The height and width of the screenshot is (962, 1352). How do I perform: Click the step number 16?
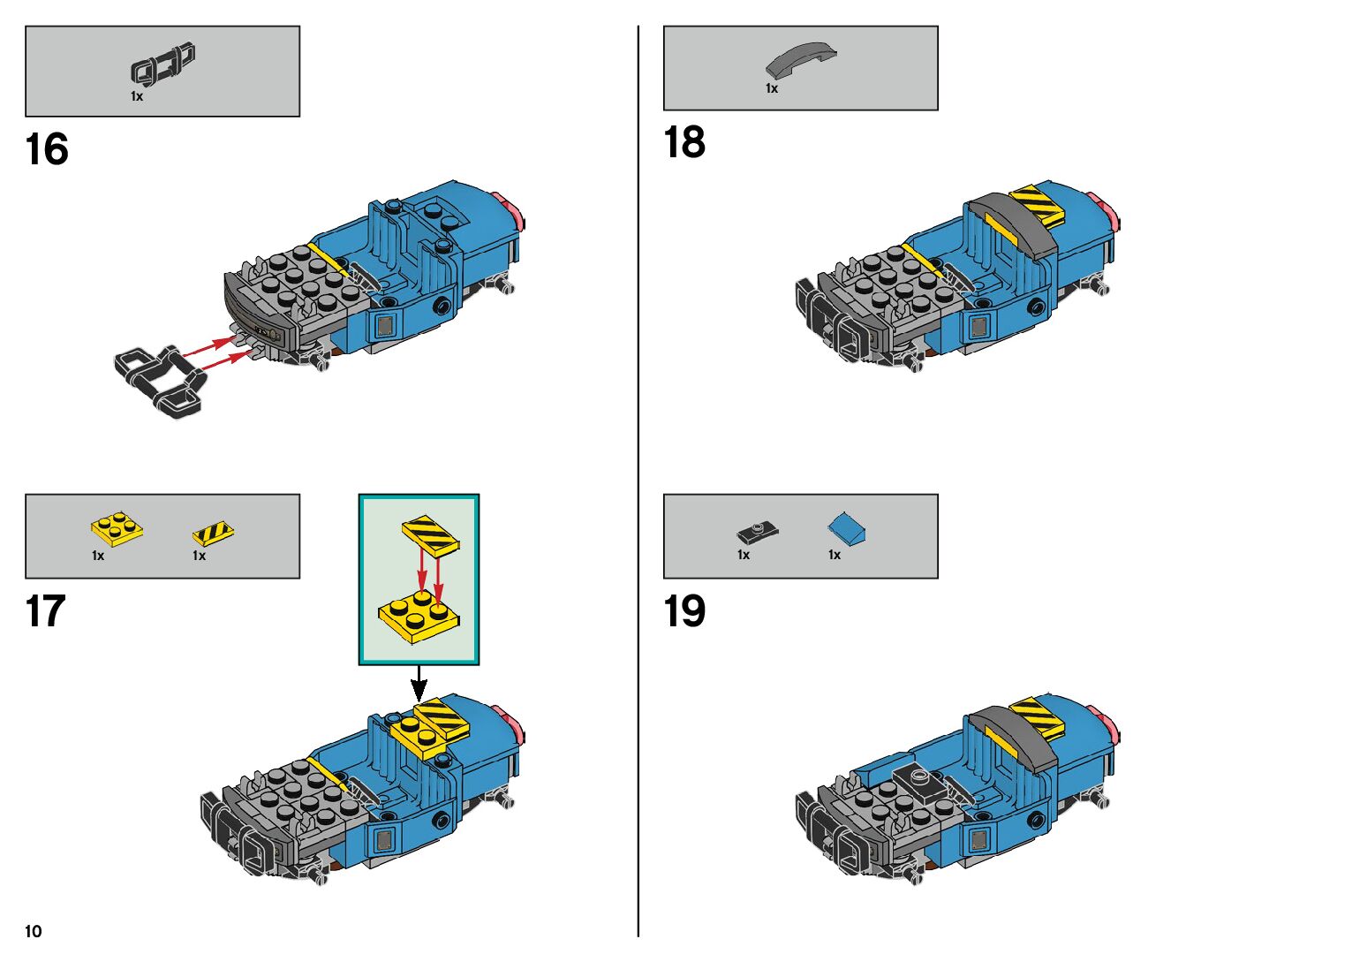(x=47, y=149)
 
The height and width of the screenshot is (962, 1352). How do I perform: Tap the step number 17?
(x=45, y=611)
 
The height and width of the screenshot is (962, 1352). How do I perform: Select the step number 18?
(x=684, y=142)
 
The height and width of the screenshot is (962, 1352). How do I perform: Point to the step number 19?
(x=684, y=611)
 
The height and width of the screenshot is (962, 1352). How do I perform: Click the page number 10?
(x=34, y=931)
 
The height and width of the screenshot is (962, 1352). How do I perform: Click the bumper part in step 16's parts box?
(x=162, y=65)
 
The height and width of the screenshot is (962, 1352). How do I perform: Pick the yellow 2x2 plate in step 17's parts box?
(x=117, y=528)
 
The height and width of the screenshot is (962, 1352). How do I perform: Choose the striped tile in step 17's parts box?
(x=213, y=534)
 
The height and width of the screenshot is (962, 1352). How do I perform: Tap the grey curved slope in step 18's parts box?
(x=799, y=59)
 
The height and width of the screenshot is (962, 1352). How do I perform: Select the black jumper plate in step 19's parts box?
(x=757, y=532)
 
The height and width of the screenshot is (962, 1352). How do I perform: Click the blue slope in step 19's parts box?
(x=846, y=528)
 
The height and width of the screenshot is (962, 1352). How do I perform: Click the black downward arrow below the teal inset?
(x=419, y=685)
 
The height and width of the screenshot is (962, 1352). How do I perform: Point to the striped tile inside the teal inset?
(x=431, y=534)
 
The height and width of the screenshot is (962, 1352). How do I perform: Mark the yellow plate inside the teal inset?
(x=418, y=615)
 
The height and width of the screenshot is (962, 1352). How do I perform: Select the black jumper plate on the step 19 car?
(x=920, y=782)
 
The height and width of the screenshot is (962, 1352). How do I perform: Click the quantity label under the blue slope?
(x=835, y=555)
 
